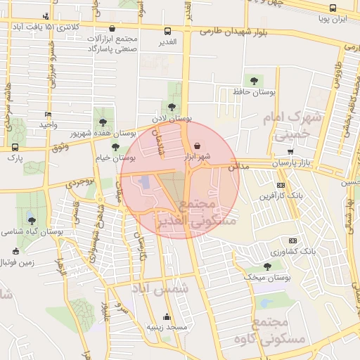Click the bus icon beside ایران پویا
point(333,8)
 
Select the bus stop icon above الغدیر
point(167,31)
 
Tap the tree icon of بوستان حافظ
point(254,81)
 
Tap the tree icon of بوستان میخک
point(266,266)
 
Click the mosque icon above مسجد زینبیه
point(167,316)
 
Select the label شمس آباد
point(161,288)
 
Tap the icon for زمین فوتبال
point(15,251)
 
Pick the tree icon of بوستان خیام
point(115,147)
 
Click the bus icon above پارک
point(15,148)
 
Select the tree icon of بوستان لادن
point(172,107)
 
